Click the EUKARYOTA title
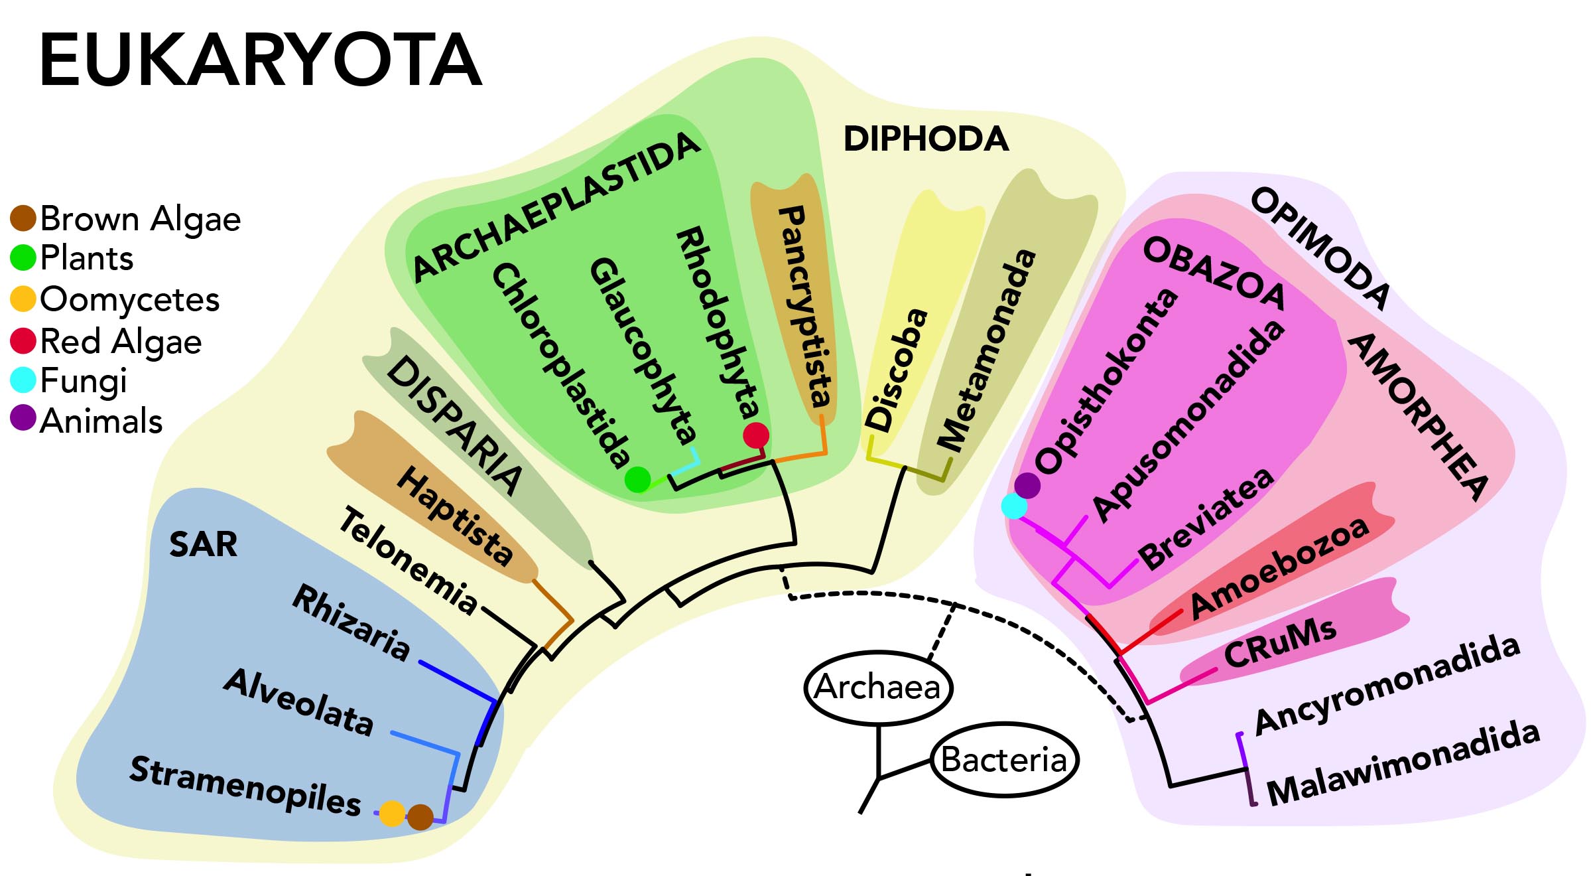[260, 61]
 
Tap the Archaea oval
[877, 688]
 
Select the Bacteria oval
[1004, 760]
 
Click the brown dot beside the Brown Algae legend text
[23, 218]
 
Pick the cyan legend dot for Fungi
[23, 380]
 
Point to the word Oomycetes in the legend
[130, 299]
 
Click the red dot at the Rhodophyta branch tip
[755, 435]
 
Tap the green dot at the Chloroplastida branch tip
[638, 478]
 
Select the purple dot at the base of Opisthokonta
[1027, 485]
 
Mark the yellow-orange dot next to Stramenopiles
[392, 813]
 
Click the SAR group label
[203, 545]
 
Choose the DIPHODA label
[926, 139]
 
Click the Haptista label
[455, 516]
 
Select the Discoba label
[897, 370]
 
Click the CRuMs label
[1280, 643]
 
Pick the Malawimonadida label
[1403, 763]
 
